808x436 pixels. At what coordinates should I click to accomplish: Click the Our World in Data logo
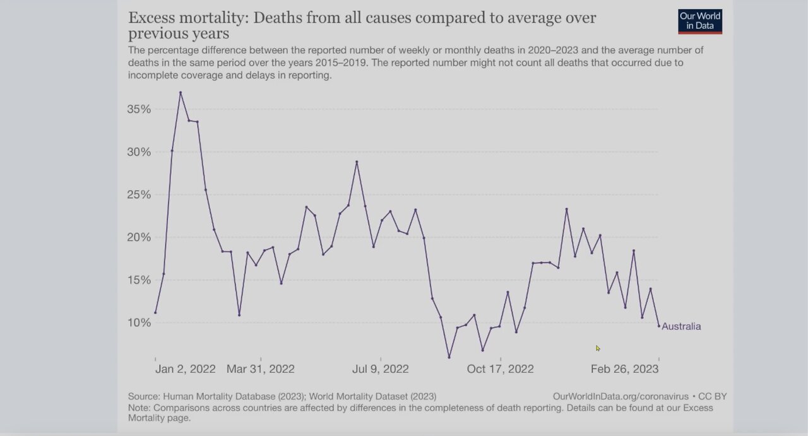[700, 21]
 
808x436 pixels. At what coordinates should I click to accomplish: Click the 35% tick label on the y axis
[139, 109]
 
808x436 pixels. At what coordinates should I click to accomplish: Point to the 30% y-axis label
[139, 152]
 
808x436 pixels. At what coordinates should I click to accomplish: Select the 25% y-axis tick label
[139, 194]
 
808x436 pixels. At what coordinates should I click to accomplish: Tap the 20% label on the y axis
[139, 237]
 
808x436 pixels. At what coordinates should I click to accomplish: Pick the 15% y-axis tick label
[139, 280]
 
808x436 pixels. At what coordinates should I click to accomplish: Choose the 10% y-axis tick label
[139, 322]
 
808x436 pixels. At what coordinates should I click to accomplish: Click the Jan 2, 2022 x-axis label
[186, 369]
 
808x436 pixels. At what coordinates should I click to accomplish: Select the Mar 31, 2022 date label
[260, 369]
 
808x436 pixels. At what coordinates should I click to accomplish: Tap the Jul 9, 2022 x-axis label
[380, 369]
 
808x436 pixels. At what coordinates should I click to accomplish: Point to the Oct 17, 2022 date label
[500, 369]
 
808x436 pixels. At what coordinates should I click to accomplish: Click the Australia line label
[681, 327]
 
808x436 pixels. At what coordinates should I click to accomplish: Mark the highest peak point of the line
[181, 93]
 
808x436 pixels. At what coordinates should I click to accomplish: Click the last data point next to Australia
[659, 326]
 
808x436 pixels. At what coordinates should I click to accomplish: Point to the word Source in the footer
[143, 396]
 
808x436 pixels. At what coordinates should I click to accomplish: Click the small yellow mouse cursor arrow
[598, 348]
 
